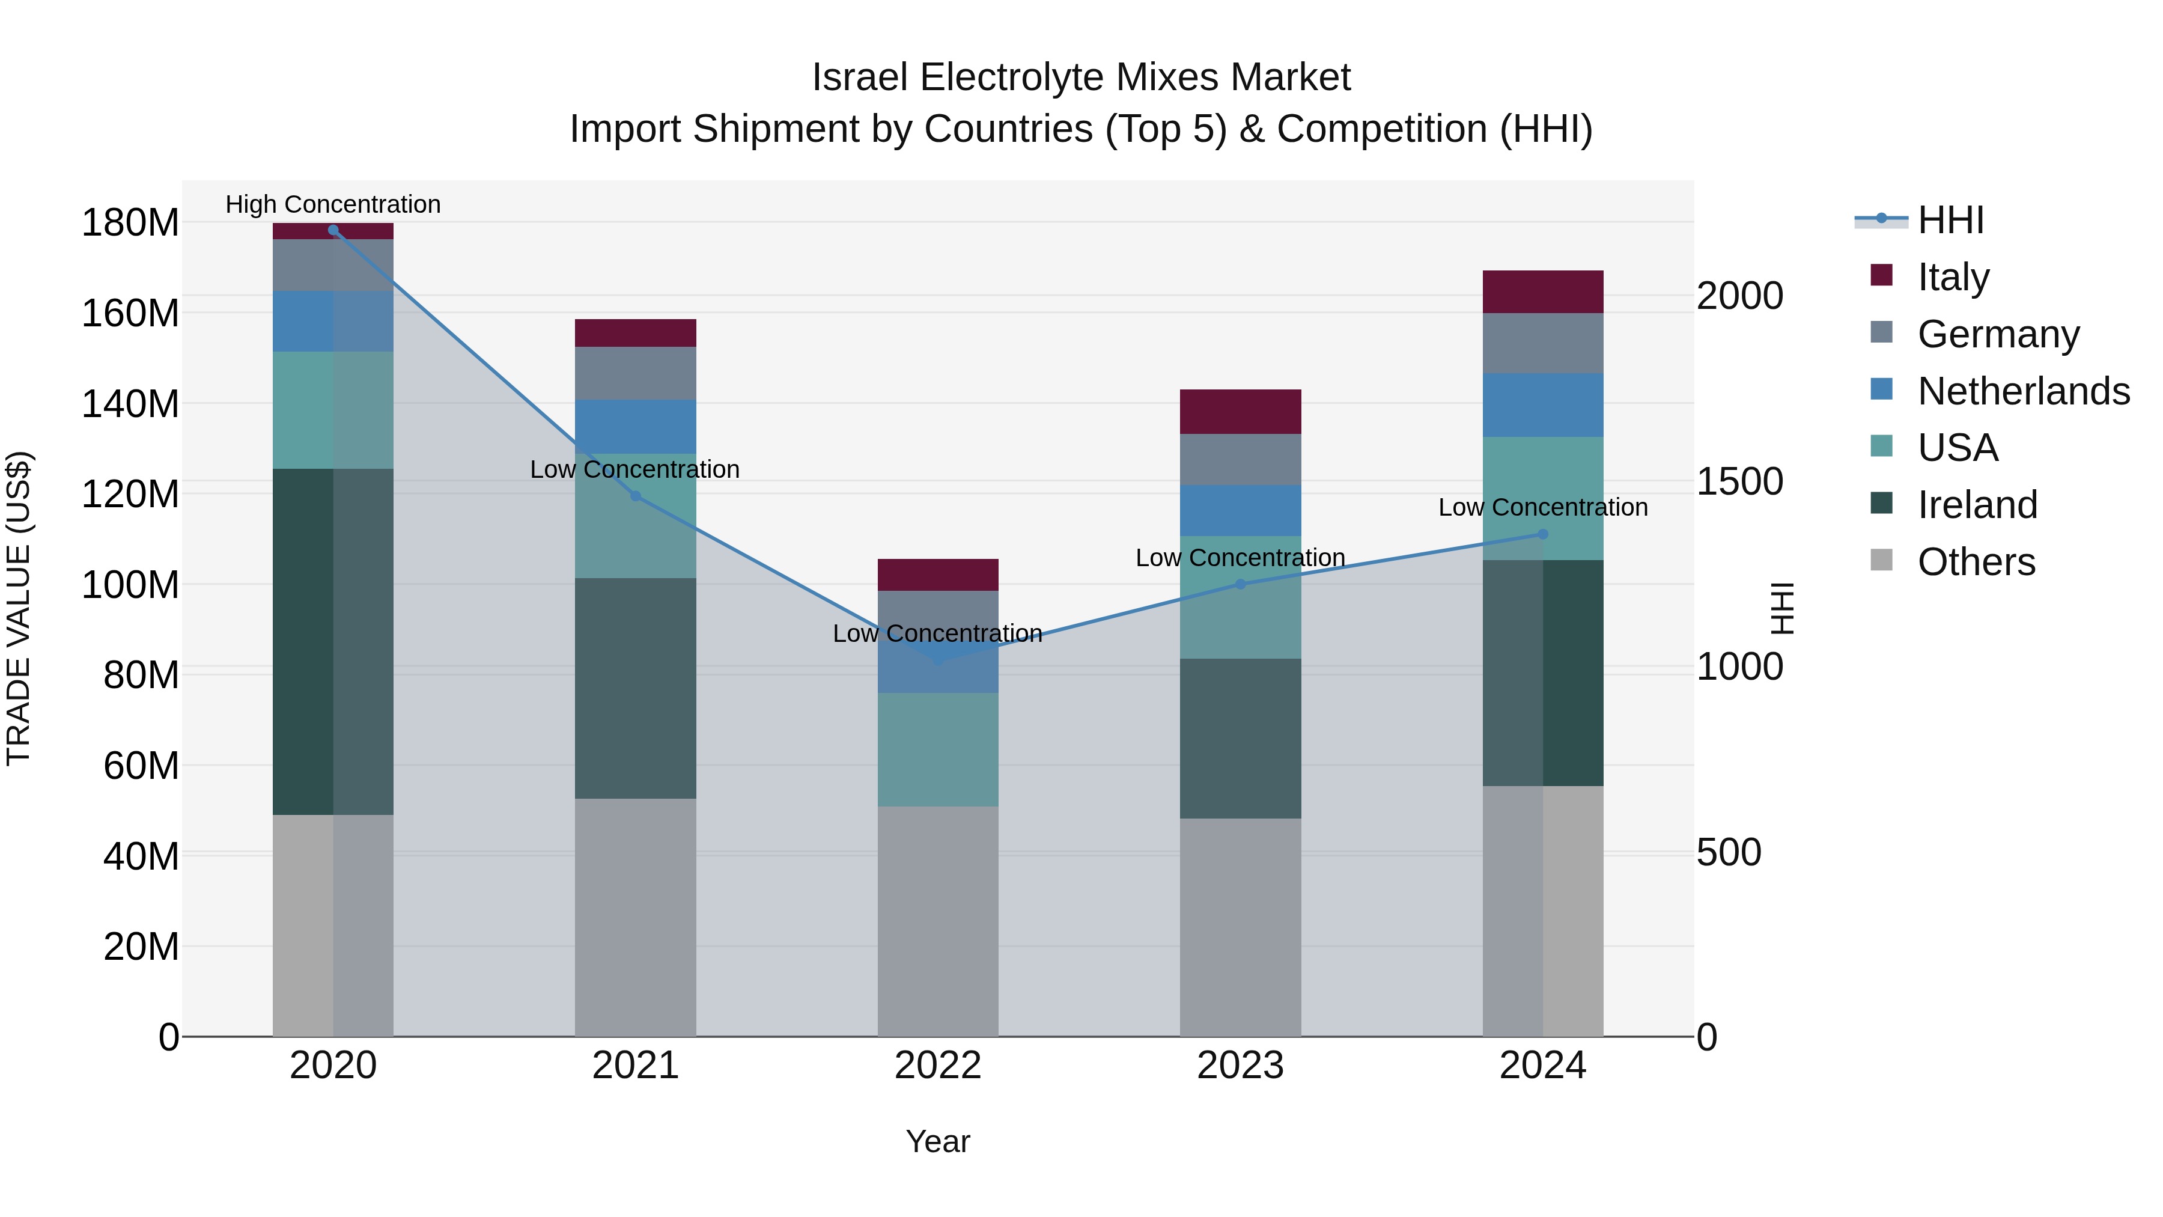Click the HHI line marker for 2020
point(333,230)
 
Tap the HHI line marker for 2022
point(938,660)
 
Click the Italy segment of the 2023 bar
point(1240,412)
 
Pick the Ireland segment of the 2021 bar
point(636,688)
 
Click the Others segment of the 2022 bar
point(938,921)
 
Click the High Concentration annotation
point(333,204)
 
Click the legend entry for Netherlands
point(2023,391)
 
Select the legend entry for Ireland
point(1977,505)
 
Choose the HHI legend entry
point(1950,220)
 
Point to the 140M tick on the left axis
point(130,404)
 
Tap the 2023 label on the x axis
point(1240,1066)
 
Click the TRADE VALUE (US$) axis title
point(19,608)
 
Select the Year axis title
point(938,1141)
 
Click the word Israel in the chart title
point(860,78)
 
